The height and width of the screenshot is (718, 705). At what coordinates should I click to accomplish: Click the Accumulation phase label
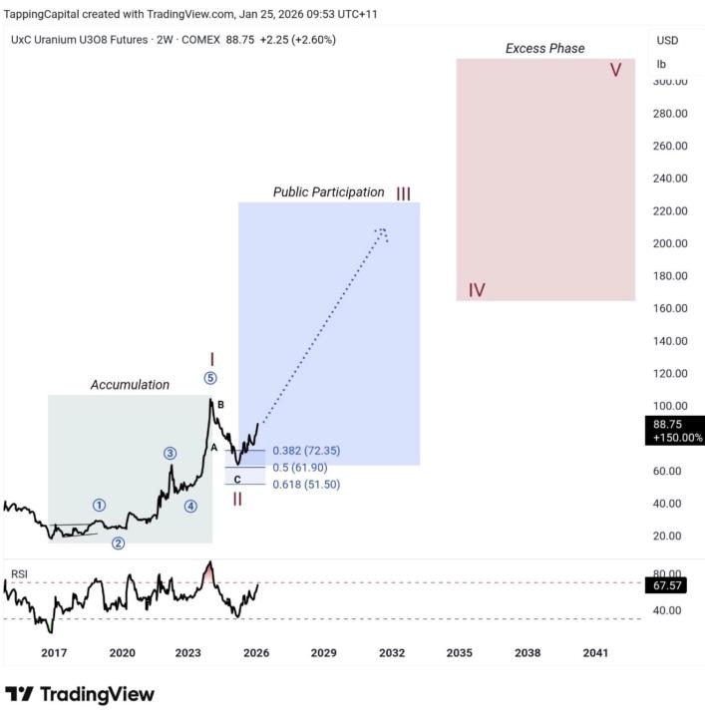130,385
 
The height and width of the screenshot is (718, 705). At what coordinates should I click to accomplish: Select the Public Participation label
328,191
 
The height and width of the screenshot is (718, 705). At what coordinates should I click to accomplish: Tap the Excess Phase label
544,48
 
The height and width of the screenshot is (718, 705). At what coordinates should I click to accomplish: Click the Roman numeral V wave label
616,70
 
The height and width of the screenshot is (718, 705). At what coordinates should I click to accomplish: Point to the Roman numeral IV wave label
477,290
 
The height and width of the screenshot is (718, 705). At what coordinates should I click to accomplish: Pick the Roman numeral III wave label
403,192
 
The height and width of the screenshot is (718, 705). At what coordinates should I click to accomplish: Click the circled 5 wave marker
210,378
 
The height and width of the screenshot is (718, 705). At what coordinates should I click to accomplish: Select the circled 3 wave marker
171,454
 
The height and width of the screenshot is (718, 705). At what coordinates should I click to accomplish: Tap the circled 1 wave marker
99,506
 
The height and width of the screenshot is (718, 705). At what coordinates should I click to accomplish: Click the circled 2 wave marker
118,543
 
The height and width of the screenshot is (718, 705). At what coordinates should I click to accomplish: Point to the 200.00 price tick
669,243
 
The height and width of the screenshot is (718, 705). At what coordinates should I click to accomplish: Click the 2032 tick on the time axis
391,652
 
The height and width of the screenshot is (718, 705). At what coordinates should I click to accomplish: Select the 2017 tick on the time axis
54,652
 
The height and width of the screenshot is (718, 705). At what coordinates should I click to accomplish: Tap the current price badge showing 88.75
675,430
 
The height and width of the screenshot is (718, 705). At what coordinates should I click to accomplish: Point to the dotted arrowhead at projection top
382,232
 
